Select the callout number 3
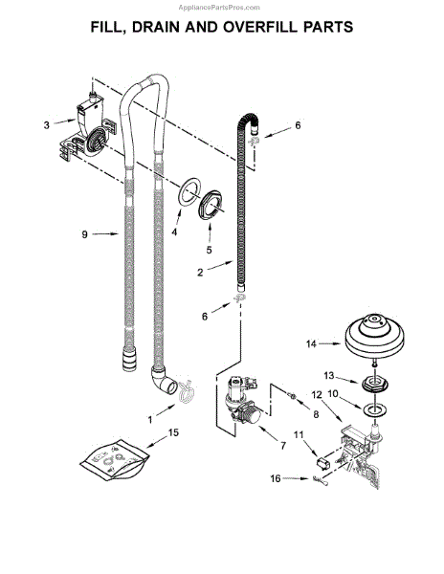[47, 125]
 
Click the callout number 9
[84, 234]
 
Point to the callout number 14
[311, 343]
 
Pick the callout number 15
[174, 432]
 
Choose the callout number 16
[276, 478]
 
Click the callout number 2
[200, 273]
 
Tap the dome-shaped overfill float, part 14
[374, 336]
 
